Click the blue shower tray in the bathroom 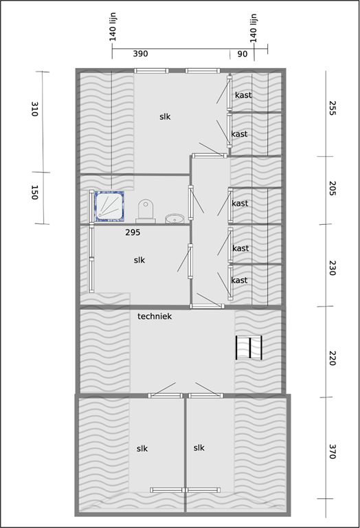(108, 206)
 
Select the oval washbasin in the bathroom (175, 219)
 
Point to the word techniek (154, 316)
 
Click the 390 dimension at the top (140, 54)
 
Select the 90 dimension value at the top (243, 54)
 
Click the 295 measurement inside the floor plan (133, 233)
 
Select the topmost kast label (243, 95)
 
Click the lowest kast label (239, 280)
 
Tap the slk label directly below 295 (139, 260)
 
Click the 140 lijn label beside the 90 (254, 27)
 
